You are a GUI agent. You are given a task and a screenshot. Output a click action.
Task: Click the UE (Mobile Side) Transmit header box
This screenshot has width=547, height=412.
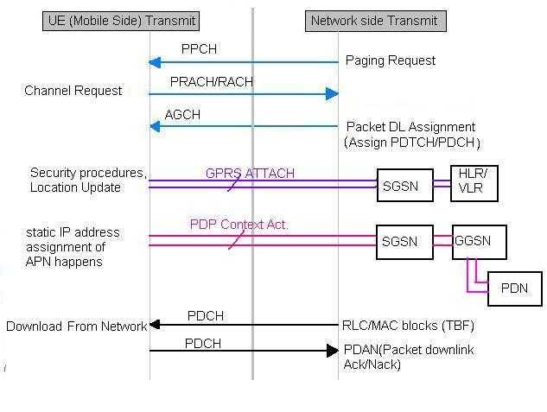[x=120, y=20]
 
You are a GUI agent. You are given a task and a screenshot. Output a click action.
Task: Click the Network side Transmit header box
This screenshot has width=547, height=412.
[x=374, y=20]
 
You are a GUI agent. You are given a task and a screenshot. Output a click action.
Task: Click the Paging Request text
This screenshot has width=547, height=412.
[x=390, y=60]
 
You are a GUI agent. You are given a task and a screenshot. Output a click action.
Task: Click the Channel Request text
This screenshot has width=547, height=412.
[x=73, y=90]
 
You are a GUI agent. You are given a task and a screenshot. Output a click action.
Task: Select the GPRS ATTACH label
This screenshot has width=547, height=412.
[x=250, y=174]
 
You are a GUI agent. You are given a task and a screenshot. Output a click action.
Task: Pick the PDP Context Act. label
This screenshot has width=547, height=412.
[x=239, y=225]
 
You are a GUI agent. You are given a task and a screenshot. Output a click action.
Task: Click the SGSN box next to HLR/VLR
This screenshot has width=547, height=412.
[x=404, y=186]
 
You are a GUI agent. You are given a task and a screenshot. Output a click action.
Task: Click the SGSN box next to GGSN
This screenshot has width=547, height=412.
[x=404, y=241]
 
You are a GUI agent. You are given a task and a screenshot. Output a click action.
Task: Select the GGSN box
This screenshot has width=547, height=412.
[x=479, y=241]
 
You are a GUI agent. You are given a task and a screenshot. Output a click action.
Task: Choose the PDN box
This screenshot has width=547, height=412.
[x=514, y=288]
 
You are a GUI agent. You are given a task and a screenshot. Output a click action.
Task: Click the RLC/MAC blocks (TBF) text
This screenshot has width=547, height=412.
[x=409, y=326]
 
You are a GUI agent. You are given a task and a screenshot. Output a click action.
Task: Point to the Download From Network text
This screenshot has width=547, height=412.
[x=76, y=326]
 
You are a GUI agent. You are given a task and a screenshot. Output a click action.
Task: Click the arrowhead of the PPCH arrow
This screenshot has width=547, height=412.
[x=154, y=62]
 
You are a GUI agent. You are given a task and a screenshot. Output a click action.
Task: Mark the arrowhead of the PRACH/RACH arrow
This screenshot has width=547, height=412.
[x=332, y=94]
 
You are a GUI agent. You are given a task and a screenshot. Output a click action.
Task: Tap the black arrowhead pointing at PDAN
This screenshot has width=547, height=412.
[x=332, y=351]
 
